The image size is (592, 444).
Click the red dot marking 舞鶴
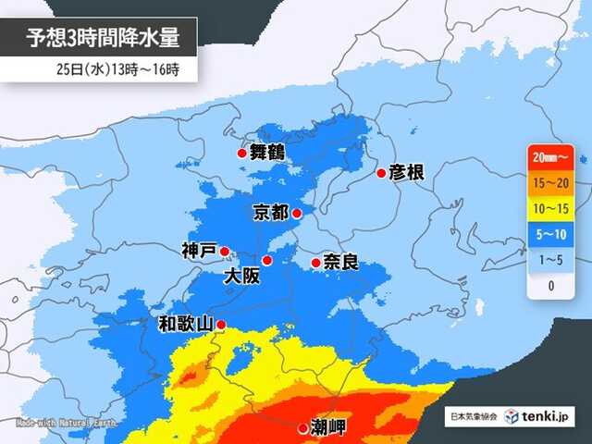click(x=241, y=154)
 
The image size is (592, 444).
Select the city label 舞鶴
click(x=268, y=154)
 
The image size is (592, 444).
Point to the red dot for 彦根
click(x=381, y=173)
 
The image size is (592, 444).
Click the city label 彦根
click(x=408, y=173)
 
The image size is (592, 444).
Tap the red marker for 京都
click(x=297, y=214)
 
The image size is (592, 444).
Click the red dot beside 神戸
click(x=224, y=250)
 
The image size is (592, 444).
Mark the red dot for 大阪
click(x=266, y=260)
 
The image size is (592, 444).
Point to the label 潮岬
click(x=329, y=428)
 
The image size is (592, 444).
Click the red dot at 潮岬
click(x=303, y=428)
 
